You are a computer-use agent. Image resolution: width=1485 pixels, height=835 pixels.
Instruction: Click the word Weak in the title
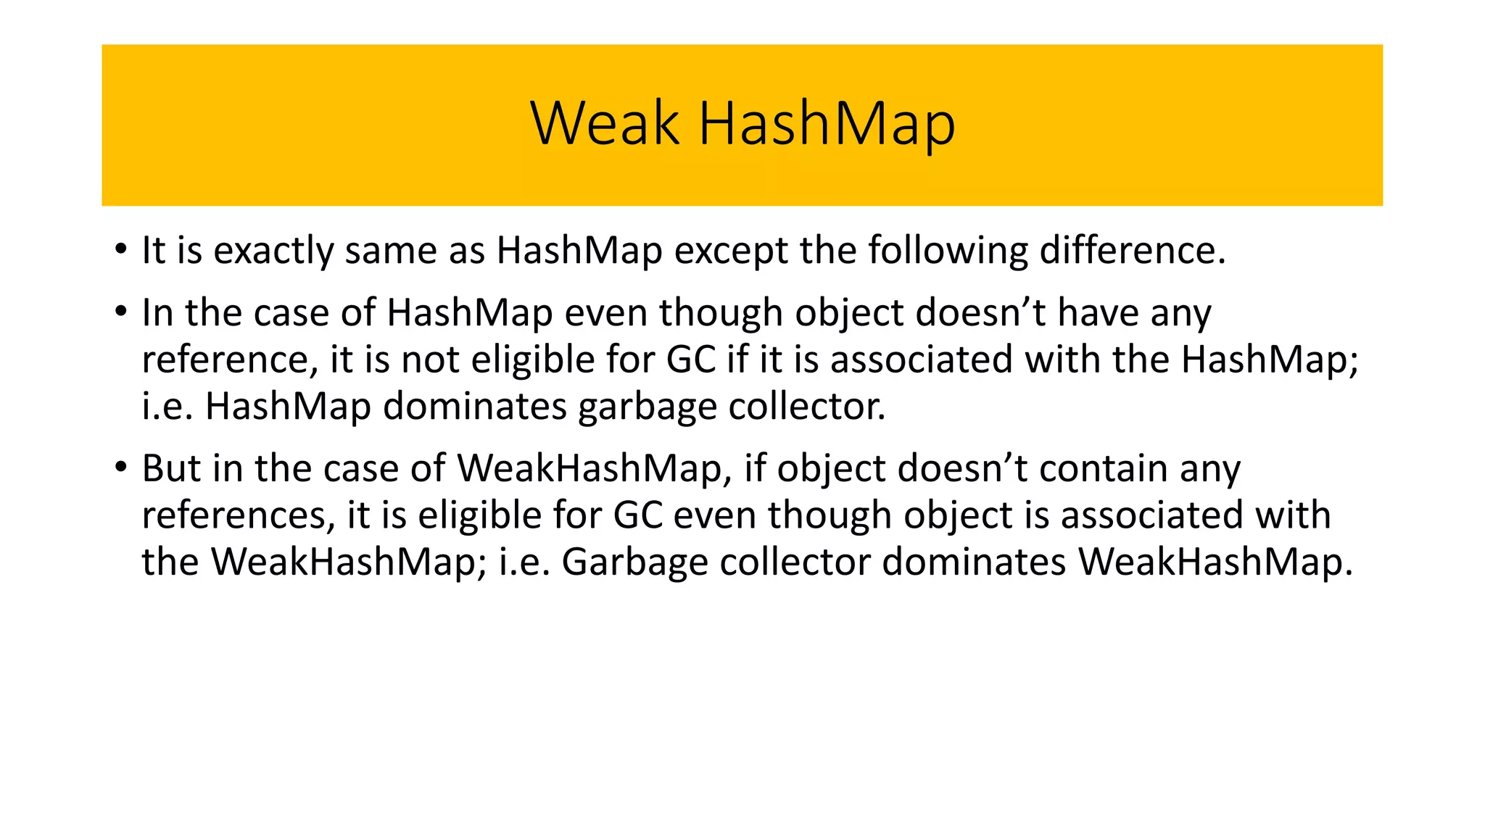[605, 123]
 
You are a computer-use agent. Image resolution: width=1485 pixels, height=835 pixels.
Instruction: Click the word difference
[1132, 251]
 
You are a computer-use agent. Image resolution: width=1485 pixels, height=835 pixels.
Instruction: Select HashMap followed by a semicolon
[1268, 360]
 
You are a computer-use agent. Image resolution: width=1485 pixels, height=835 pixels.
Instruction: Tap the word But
[170, 468]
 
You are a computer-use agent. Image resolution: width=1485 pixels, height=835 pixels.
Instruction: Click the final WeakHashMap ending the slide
[1215, 562]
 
